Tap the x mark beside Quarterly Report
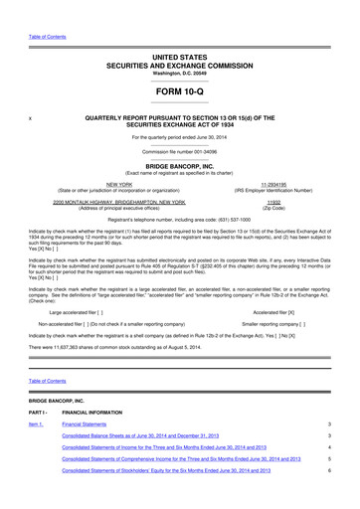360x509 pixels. coord(33,117)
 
